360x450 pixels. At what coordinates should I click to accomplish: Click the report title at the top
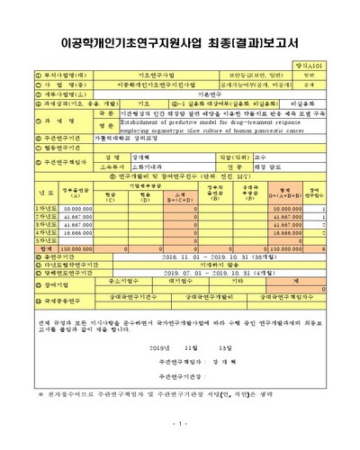click(180, 16)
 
